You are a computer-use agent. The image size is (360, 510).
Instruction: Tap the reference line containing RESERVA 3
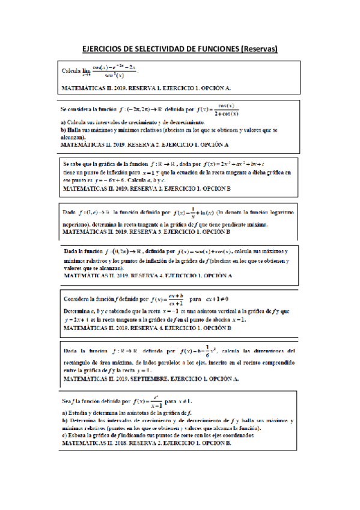tap(146, 232)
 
